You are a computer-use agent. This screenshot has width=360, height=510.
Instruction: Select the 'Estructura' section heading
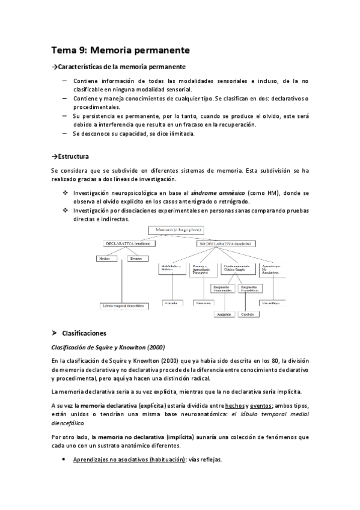click(73, 156)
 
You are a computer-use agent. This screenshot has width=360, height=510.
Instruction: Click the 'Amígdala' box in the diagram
click(224, 314)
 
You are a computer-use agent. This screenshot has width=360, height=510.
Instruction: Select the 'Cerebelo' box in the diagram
click(248, 314)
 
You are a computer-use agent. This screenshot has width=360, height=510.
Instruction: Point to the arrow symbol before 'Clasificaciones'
click(55, 333)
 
